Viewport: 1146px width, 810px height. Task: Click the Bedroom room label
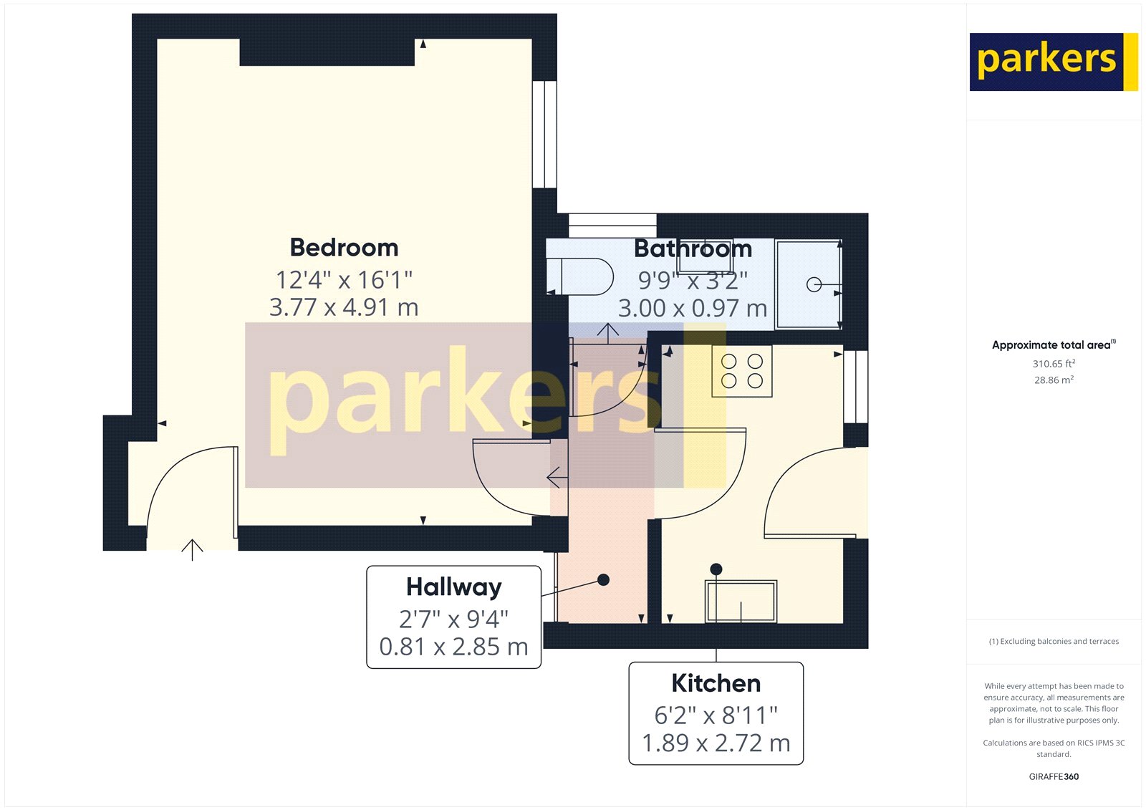click(x=344, y=247)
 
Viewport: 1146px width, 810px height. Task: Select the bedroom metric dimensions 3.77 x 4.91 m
click(x=344, y=307)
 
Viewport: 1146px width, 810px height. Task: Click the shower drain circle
click(x=814, y=285)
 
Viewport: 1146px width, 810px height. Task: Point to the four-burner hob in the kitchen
click(x=742, y=371)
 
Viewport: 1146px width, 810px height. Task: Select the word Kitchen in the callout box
click(x=716, y=683)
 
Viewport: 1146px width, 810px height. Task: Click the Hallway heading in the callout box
click(x=453, y=587)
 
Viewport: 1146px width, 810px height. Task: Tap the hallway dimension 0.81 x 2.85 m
click(x=453, y=647)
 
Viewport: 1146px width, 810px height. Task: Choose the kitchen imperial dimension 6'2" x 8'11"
click(x=716, y=715)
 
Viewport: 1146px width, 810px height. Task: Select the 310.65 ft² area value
click(x=1054, y=364)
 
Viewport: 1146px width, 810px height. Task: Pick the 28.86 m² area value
click(x=1054, y=380)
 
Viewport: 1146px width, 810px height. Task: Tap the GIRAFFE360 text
click(x=1054, y=776)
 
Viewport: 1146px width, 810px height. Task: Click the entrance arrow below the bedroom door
click(x=192, y=549)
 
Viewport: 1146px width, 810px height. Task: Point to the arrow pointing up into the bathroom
click(x=608, y=332)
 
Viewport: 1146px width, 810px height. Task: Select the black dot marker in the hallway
click(x=604, y=579)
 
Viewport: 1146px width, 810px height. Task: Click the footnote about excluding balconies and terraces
click(x=1054, y=642)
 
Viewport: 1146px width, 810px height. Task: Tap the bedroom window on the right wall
click(x=545, y=134)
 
